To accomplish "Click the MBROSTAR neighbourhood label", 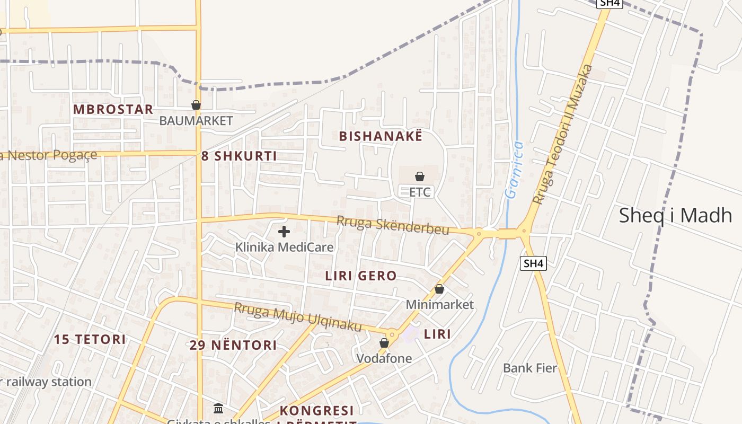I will click(x=113, y=110).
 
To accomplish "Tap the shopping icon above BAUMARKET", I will click(x=196, y=105).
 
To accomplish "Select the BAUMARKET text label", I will click(x=196, y=121).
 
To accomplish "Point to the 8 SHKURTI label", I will click(x=239, y=156).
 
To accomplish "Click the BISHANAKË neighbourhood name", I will click(x=381, y=136).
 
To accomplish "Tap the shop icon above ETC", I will click(x=420, y=176).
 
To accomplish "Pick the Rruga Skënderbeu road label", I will click(x=393, y=225).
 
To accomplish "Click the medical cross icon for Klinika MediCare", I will click(x=284, y=232).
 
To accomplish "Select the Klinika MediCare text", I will click(x=284, y=247).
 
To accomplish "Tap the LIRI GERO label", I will click(x=361, y=276).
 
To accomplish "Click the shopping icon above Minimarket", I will click(x=439, y=289).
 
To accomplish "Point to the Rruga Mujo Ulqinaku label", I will click(x=298, y=316).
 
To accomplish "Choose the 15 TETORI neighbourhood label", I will click(x=90, y=339).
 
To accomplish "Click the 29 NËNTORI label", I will click(x=233, y=345).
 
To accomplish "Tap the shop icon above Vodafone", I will click(x=384, y=343).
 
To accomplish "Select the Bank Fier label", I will click(x=530, y=368).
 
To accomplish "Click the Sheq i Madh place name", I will click(x=675, y=215).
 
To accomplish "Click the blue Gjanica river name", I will click(x=514, y=170).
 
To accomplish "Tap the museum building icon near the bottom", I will click(x=218, y=408).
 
